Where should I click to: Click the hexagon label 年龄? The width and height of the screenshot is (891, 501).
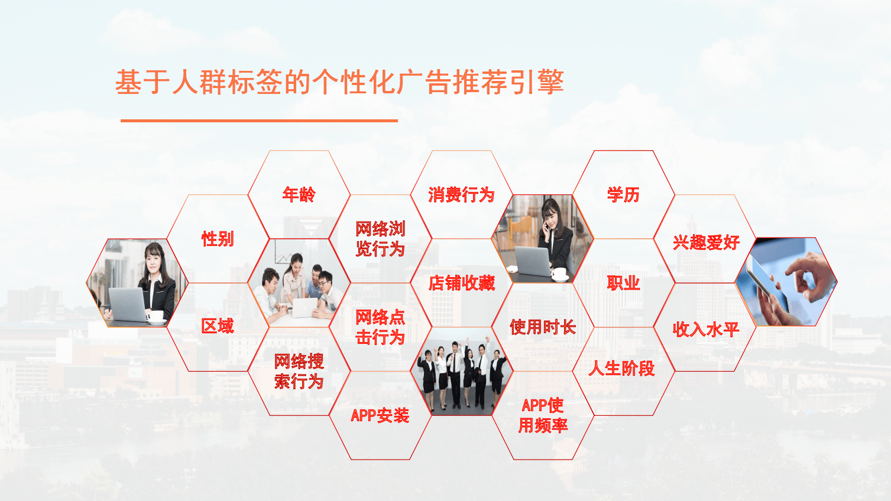[299, 194]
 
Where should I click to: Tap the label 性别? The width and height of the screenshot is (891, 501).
[218, 239]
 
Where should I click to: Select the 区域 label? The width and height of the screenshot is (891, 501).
[218, 326]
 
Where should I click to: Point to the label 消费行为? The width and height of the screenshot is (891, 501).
[461, 195]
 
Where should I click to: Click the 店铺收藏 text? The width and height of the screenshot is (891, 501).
[461, 283]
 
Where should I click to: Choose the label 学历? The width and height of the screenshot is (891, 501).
[623, 195]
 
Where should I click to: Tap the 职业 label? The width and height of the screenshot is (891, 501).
[623, 283]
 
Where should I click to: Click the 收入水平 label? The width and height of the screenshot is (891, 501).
[706, 330]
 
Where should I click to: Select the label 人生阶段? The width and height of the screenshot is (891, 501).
[622, 368]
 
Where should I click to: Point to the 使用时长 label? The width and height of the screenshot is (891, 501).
[543, 327]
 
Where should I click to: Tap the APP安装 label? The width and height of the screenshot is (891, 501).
[380, 415]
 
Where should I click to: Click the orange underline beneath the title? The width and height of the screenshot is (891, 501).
[259, 121]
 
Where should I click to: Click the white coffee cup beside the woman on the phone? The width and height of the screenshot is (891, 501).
[560, 274]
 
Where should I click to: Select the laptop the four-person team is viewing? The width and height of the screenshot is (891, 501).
[304, 307]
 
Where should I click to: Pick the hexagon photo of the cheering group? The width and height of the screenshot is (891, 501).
[461, 372]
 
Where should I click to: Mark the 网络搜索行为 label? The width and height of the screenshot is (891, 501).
[299, 372]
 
